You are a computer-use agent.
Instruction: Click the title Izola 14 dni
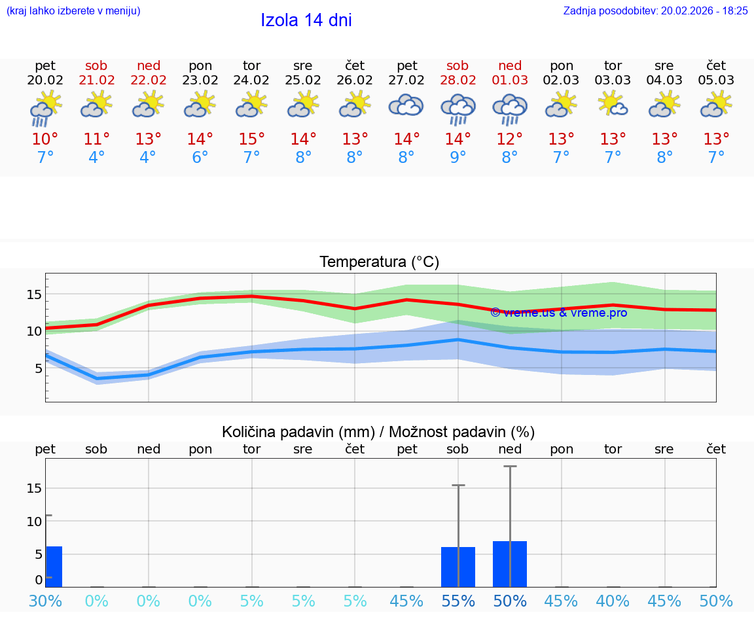306,20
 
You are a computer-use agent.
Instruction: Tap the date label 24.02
252,80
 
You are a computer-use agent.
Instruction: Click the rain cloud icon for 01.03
510,108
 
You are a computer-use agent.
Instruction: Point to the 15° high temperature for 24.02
252,139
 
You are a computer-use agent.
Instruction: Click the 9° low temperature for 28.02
458,158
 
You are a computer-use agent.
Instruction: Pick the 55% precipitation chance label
458,601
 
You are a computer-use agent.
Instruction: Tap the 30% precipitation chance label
45,601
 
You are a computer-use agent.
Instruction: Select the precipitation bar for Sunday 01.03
510,564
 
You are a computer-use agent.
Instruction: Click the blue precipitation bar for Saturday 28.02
458,567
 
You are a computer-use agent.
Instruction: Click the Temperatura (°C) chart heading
379,262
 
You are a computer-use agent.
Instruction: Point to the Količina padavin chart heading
378,432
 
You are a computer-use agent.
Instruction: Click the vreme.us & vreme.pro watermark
558,313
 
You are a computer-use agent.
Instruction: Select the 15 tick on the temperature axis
34,294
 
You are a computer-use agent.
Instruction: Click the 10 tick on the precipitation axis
34,522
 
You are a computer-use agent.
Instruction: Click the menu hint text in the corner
73,10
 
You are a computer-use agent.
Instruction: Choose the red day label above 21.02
96,65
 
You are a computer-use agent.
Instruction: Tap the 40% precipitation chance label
613,601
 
